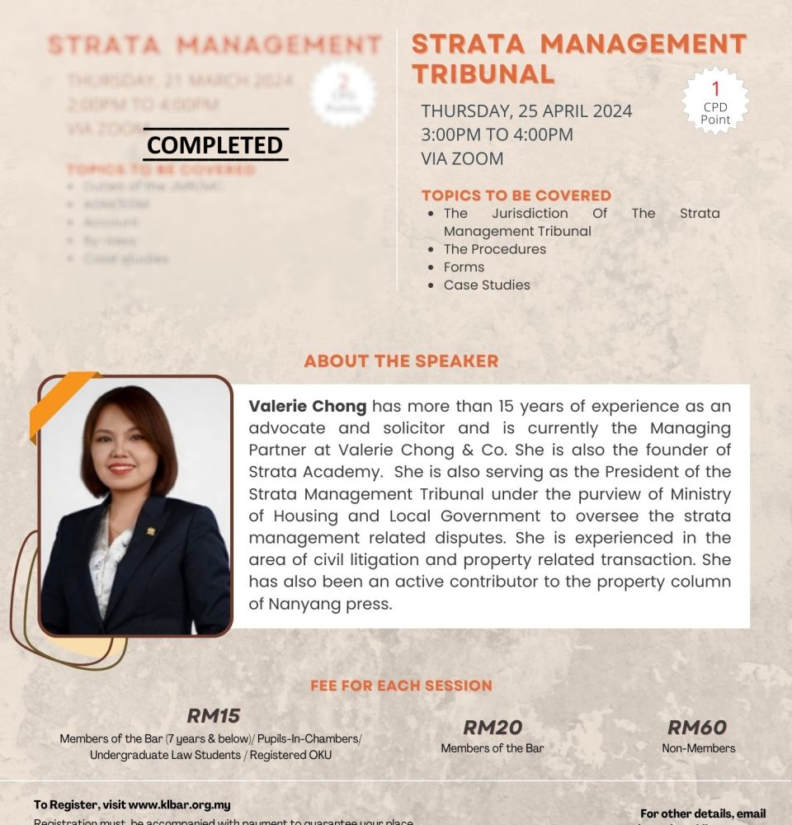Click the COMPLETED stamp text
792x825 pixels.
[215, 145]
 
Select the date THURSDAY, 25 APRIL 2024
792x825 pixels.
[526, 111]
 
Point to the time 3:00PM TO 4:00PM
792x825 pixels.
[497, 134]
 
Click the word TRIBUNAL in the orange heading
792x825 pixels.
[483, 73]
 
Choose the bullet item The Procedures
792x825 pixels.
[494, 249]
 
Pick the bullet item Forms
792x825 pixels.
[464, 267]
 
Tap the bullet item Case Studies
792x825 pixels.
[487, 285]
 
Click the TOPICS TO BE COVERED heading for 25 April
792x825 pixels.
[516, 196]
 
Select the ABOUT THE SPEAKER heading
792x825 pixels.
[401, 361]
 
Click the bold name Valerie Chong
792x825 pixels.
[307, 407]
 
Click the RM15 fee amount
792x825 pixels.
[213, 715]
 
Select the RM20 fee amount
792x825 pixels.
[493, 728]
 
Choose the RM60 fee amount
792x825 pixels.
[697, 728]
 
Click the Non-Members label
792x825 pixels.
[698, 748]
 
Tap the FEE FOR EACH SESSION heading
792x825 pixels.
[401, 686]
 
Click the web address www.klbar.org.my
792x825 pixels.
[179, 804]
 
